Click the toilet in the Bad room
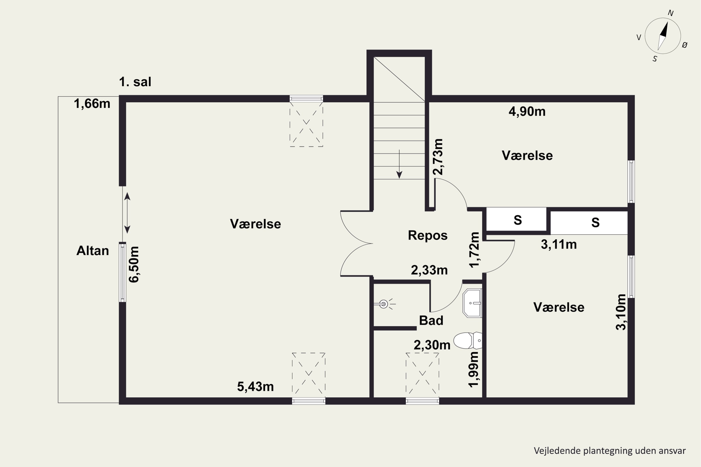(x=467, y=340)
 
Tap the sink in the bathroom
(x=472, y=303)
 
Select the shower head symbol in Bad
(x=384, y=304)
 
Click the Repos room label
(x=428, y=235)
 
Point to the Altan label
(x=93, y=251)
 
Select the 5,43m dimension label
(x=255, y=387)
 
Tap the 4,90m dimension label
(x=527, y=111)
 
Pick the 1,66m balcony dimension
(x=92, y=104)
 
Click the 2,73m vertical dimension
(x=438, y=157)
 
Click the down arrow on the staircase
(x=399, y=164)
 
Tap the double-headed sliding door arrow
(x=127, y=213)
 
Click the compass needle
(x=663, y=36)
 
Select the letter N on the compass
(x=671, y=13)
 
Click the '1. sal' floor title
(x=135, y=82)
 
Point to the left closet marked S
(x=518, y=220)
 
